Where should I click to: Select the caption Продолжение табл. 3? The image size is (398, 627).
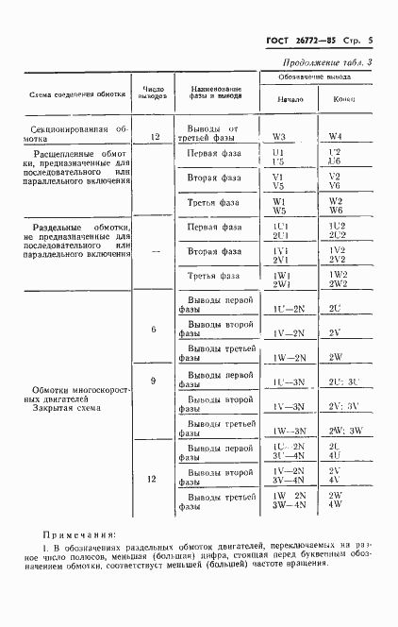[321, 62]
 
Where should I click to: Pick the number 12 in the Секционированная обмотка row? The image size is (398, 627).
[153, 135]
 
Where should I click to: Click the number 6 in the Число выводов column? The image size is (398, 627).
[153, 329]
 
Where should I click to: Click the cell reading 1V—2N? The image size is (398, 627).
[286, 332]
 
